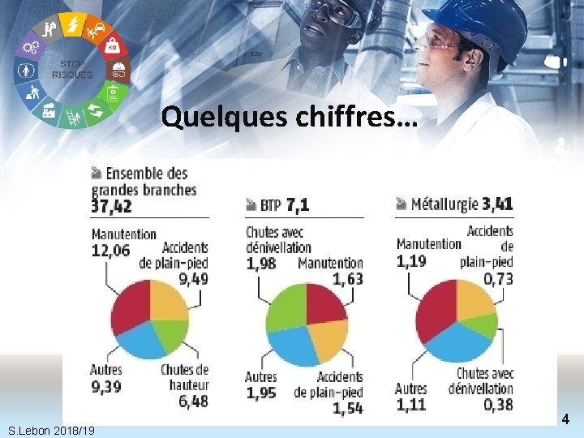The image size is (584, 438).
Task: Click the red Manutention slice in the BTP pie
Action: click(x=324, y=303)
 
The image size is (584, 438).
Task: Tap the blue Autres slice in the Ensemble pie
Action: click(x=141, y=341)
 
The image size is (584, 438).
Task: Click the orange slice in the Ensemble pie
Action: click(x=168, y=301)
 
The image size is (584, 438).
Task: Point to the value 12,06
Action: click(x=110, y=251)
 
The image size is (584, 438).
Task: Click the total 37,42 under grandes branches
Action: click(x=111, y=206)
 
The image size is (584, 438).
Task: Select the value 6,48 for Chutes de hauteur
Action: click(x=193, y=401)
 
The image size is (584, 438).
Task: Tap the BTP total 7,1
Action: click(x=298, y=204)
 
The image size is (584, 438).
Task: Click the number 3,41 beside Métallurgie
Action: click(x=497, y=204)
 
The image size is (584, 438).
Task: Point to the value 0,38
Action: click(x=498, y=405)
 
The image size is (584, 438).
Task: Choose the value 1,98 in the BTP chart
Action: click(x=261, y=264)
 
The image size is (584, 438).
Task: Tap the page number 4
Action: click(x=565, y=419)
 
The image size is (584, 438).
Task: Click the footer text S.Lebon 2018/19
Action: click(x=51, y=431)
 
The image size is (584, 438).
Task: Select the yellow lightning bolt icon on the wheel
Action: click(x=73, y=24)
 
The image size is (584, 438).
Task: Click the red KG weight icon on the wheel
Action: click(x=113, y=47)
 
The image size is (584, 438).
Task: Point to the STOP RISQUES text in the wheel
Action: click(x=72, y=70)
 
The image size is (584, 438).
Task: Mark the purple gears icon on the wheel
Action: click(x=31, y=47)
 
